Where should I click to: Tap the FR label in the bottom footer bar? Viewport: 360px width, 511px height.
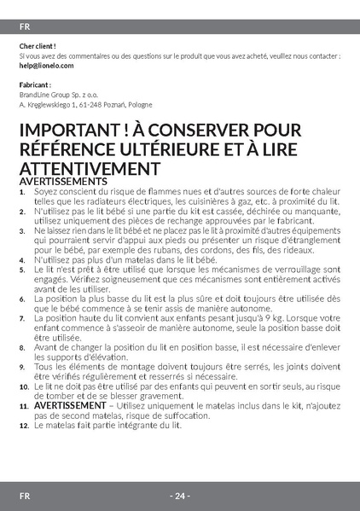[x=26, y=496]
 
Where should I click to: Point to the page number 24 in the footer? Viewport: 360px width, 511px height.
[x=180, y=496]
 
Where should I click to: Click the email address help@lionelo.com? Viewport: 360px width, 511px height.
[x=46, y=65]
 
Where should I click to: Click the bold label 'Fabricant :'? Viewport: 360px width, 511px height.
[x=35, y=85]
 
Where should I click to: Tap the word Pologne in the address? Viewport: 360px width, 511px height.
[x=140, y=104]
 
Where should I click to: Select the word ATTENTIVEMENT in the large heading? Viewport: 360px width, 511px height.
[x=86, y=168]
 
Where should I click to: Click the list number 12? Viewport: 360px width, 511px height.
[x=24, y=425]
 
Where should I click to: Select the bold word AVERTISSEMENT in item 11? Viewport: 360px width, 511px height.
[x=69, y=405]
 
